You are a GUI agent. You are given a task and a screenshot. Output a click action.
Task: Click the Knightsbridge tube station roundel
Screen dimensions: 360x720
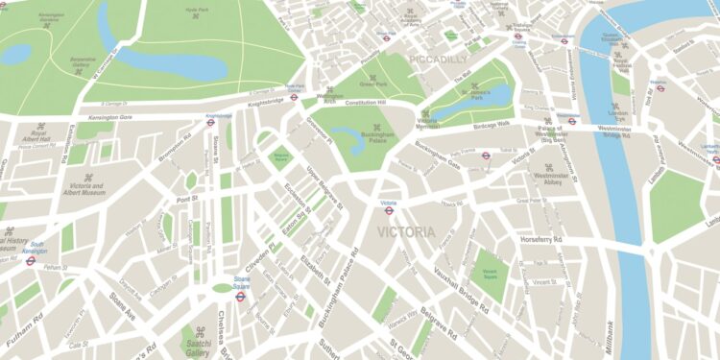pos(211,121)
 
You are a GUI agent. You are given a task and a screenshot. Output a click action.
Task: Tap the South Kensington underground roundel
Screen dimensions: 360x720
pos(31,259)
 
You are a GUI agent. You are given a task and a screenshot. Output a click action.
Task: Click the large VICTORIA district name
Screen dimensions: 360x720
pos(406,232)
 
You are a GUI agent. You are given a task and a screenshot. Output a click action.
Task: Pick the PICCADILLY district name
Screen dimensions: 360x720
pos(439,60)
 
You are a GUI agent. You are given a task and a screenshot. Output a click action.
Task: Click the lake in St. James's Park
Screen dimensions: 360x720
pos(494,95)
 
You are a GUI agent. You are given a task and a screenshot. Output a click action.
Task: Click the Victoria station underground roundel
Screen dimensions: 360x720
pos(389,211)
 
